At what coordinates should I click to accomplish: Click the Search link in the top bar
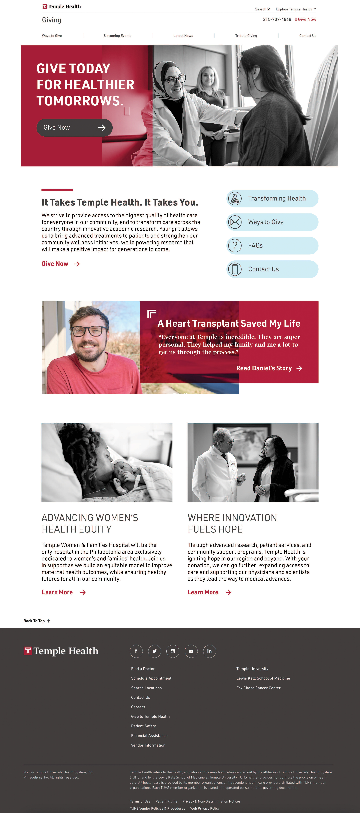262,9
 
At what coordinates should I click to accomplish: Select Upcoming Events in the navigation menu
118,36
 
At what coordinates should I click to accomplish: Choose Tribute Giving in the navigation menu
246,36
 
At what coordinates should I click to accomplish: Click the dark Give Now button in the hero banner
74,128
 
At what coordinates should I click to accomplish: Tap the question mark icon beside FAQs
235,246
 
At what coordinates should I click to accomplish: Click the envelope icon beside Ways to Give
235,222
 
